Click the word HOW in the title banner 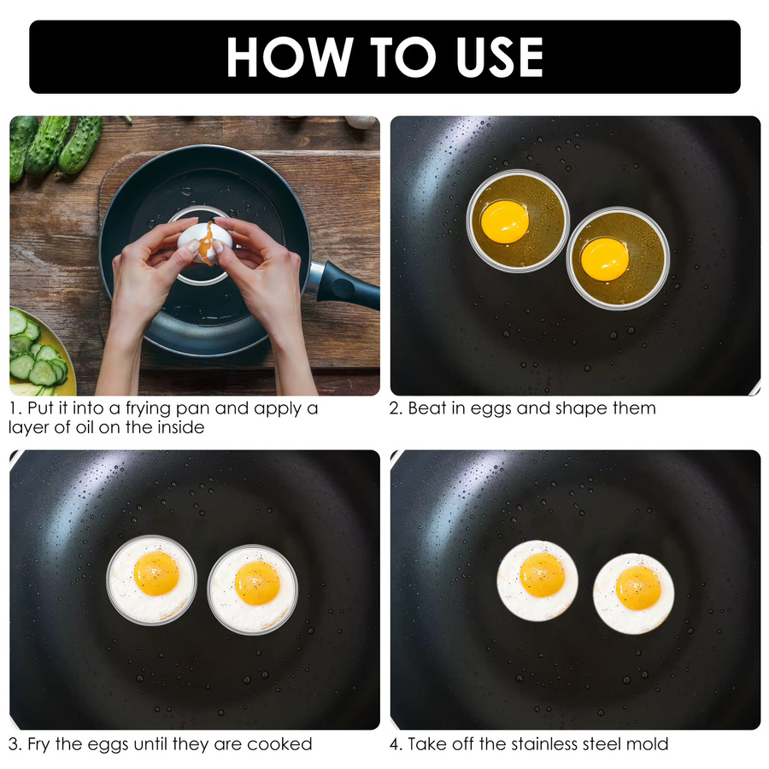click(x=290, y=57)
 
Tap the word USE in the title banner click(x=499, y=57)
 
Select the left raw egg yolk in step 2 click(x=505, y=221)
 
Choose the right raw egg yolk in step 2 click(x=605, y=260)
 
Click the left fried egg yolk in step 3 click(x=156, y=572)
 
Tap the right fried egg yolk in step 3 click(x=257, y=583)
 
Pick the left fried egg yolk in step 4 click(x=543, y=575)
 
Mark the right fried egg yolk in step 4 click(x=638, y=588)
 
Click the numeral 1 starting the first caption click(x=13, y=408)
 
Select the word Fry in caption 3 click(x=38, y=744)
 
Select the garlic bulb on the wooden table click(x=361, y=121)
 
